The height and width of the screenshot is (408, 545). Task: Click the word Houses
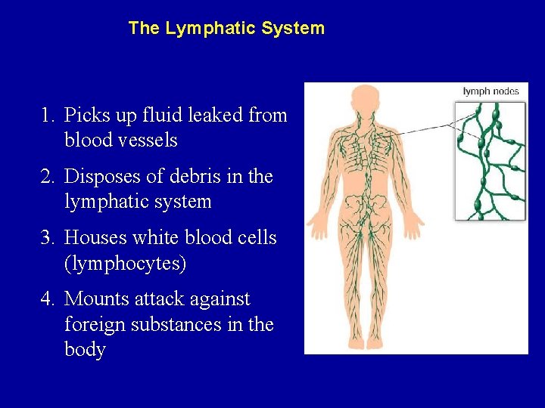click(95, 238)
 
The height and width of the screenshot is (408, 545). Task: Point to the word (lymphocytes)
click(126, 264)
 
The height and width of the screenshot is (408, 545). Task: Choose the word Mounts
click(97, 299)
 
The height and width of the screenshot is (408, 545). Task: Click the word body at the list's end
click(85, 350)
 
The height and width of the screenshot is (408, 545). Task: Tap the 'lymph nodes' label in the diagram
click(490, 91)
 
